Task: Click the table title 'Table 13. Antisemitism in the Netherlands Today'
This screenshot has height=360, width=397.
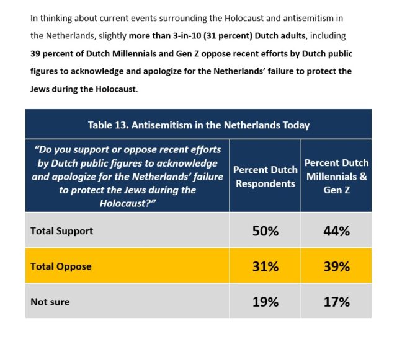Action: pyautogui.click(x=198, y=125)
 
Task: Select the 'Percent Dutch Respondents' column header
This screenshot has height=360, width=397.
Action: pyautogui.click(x=264, y=176)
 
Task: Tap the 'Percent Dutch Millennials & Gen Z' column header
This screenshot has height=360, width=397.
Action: pyautogui.click(x=336, y=176)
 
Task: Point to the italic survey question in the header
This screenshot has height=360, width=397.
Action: pyautogui.click(x=127, y=177)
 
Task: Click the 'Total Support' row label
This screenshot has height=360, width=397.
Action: pyautogui.click(x=62, y=230)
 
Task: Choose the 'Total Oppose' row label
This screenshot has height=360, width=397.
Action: pyautogui.click(x=61, y=266)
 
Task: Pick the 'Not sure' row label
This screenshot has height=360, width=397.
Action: pyautogui.click(x=50, y=302)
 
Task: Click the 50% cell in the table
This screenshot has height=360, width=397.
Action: pyautogui.click(x=265, y=231)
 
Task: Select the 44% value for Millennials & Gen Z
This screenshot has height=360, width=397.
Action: pyautogui.click(x=336, y=231)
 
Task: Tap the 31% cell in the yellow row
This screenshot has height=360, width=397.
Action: pyautogui.click(x=265, y=266)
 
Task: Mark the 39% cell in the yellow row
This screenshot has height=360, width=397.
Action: pyautogui.click(x=336, y=266)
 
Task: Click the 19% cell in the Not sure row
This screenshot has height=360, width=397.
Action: pyautogui.click(x=265, y=302)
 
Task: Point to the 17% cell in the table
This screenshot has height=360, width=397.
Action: pyautogui.click(x=336, y=302)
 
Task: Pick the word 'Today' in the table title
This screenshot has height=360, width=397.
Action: pyautogui.click(x=295, y=125)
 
